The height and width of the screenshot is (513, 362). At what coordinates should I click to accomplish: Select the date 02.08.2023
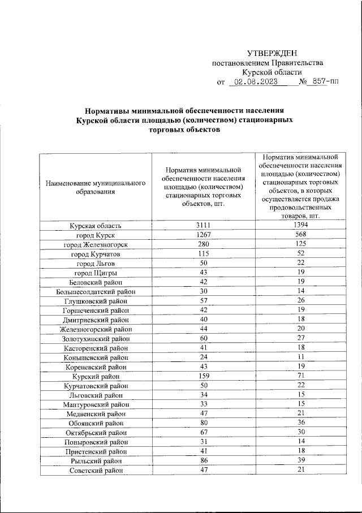(253, 82)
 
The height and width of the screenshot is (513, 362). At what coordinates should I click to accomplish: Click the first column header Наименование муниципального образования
(96, 187)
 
